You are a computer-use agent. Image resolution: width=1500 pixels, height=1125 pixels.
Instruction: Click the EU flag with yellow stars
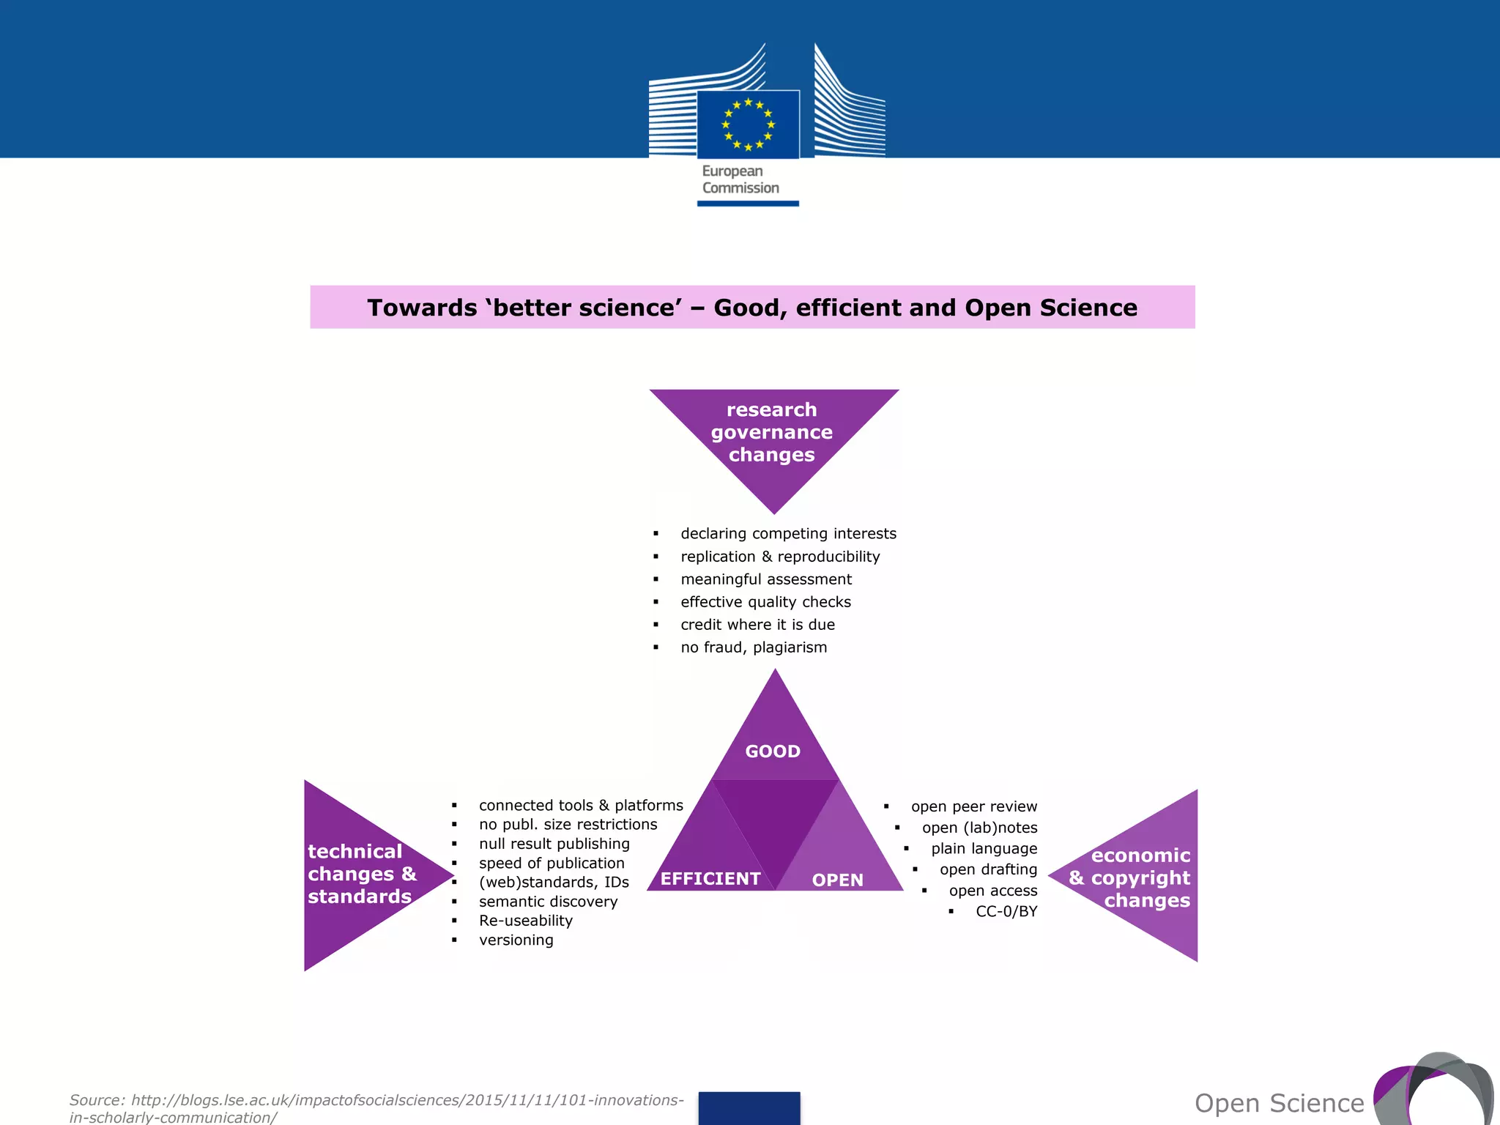click(x=748, y=124)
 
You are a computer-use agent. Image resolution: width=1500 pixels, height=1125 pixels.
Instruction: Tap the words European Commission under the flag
click(x=740, y=179)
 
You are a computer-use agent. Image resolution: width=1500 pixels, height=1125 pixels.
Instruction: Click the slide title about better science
click(x=752, y=308)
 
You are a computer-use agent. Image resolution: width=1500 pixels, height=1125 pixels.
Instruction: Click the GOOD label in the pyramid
click(x=773, y=751)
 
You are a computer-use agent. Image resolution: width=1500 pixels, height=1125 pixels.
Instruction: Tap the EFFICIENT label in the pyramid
click(x=710, y=879)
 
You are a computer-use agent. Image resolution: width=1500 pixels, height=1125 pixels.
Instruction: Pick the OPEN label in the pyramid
click(x=838, y=880)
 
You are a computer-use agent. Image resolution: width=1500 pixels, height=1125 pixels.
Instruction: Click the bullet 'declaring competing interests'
click(x=788, y=534)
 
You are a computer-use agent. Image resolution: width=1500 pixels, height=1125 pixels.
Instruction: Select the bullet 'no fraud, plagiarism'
click(x=754, y=647)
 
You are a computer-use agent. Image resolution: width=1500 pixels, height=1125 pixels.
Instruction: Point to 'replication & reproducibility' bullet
click(x=780, y=557)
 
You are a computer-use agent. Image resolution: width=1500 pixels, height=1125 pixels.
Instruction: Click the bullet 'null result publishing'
click(x=554, y=844)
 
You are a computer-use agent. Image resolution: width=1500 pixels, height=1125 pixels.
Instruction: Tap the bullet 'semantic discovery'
click(x=548, y=902)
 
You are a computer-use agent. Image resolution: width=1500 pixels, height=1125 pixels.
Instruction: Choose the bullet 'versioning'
click(x=516, y=940)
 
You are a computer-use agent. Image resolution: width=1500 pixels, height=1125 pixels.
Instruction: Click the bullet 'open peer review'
click(x=973, y=806)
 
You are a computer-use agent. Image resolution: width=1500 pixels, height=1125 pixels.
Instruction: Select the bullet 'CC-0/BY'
click(x=1006, y=912)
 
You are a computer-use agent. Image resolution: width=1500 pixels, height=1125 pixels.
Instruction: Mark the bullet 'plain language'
click(x=984, y=849)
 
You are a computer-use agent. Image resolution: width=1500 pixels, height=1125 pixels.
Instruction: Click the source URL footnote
click(x=376, y=1108)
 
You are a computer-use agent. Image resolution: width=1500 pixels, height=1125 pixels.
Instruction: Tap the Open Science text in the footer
click(x=1279, y=1103)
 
